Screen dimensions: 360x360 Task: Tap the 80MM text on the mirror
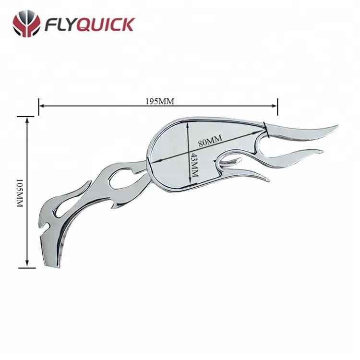coord(210,139)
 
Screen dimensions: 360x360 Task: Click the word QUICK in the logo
coord(107,24)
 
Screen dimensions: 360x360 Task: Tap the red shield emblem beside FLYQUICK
coord(26,24)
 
